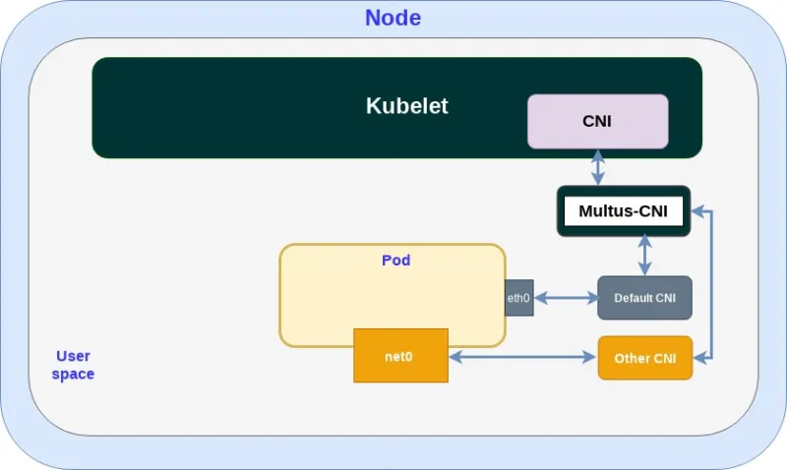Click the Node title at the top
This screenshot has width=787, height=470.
click(393, 18)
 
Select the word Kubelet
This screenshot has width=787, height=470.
click(406, 106)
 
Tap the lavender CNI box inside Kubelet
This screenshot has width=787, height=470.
click(597, 121)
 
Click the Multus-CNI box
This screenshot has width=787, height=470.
click(624, 210)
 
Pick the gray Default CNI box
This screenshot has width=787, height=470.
click(644, 298)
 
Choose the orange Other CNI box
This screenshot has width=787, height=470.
click(645, 358)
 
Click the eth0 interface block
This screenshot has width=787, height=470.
click(518, 298)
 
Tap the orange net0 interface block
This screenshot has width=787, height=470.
click(400, 355)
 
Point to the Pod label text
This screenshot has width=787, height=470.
click(395, 261)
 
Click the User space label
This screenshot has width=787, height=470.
click(73, 365)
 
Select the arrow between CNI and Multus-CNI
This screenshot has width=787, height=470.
click(597, 167)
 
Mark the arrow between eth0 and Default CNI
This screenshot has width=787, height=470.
click(566, 298)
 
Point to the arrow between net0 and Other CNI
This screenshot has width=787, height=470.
click(523, 358)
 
